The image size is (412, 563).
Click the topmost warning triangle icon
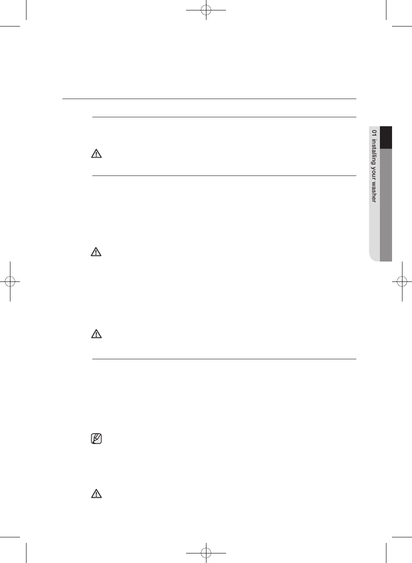(96, 154)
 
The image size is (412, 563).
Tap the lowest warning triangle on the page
(96, 493)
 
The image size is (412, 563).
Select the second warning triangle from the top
(96, 252)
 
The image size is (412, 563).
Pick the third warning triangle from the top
(96, 334)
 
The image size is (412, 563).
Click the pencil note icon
(96, 439)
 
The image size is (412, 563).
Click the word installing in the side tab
(374, 152)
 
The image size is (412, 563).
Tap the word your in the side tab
(374, 175)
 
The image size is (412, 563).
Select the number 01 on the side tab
(374, 133)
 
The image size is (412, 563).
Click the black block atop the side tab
(386, 137)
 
